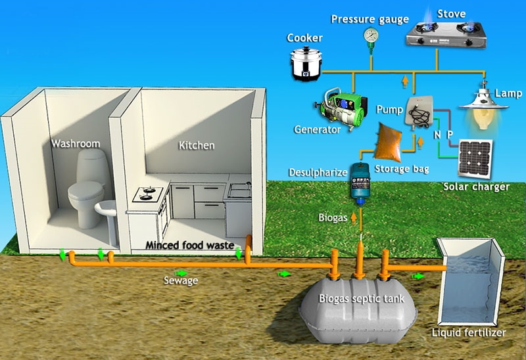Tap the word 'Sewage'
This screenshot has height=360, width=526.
pos(181,281)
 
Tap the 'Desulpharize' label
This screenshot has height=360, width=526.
pos(317,173)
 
